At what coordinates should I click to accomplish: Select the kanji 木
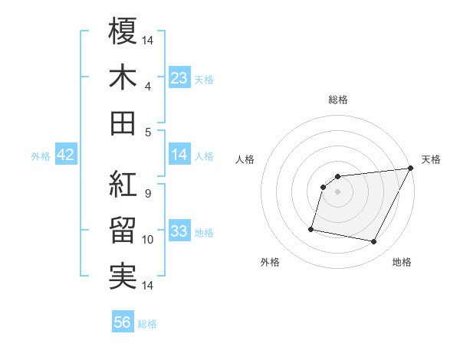coord(123,77)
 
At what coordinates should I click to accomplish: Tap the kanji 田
coord(123,123)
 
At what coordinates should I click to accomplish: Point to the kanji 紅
coord(123,185)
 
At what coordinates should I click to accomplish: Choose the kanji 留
coord(123,231)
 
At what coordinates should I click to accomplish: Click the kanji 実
coord(123,277)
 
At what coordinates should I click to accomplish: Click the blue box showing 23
coord(179,77)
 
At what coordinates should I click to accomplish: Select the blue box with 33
coord(179,231)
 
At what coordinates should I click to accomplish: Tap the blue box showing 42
coord(66,154)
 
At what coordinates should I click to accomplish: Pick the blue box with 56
coord(123,322)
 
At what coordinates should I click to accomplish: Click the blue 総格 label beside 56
coord(147,324)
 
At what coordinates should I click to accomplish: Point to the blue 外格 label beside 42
coord(41,155)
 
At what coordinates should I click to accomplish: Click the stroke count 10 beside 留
coord(149,240)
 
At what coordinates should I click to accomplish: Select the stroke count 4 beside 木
coord(147,87)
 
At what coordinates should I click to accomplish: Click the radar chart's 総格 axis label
coord(338,100)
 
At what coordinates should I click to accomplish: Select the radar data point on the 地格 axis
coord(374,242)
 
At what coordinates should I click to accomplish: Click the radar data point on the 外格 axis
coord(311,228)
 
